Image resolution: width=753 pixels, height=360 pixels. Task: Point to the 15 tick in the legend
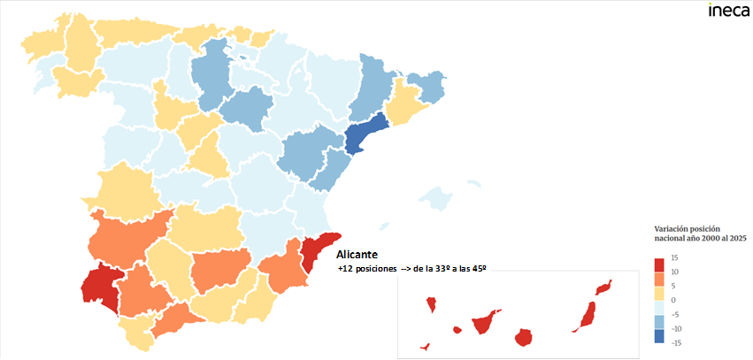pos(673,257)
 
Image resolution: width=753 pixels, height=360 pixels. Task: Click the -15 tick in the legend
pos(674,342)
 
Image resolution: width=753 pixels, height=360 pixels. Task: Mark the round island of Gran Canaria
pos(524,337)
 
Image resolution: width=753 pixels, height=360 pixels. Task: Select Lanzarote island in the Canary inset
pos(604,287)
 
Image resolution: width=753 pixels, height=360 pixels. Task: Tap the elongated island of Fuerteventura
pos(586,316)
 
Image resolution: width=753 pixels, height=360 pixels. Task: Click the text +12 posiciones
pos(365,268)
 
